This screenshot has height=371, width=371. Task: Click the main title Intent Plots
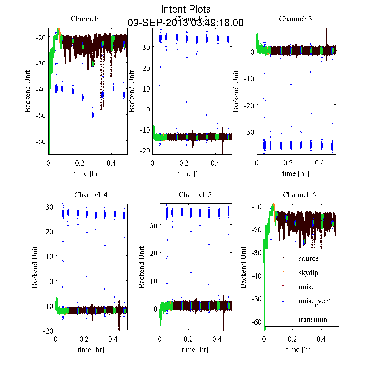(x=186, y=9)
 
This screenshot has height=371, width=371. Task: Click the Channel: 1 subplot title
(x=87, y=19)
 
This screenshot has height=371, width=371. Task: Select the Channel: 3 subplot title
(x=296, y=19)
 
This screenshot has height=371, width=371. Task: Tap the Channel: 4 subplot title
(x=91, y=195)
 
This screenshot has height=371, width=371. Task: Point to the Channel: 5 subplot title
(x=195, y=195)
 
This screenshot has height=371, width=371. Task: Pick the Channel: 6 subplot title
(x=299, y=195)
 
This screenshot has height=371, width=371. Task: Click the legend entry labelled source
(x=308, y=259)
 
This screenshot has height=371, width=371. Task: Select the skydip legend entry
(x=308, y=273)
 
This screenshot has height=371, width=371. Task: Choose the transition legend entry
(x=313, y=319)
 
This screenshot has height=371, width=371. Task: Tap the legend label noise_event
(x=315, y=301)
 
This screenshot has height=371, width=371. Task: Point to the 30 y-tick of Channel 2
(x=146, y=47)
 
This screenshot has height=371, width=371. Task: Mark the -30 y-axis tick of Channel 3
(x=249, y=132)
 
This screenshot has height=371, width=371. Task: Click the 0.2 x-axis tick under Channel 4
(x=84, y=339)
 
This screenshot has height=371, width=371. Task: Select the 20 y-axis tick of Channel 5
(x=153, y=253)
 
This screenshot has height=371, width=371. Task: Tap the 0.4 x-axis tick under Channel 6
(x=321, y=339)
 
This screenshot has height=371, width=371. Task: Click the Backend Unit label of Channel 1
(x=28, y=91)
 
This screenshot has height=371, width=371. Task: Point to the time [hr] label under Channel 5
(x=195, y=350)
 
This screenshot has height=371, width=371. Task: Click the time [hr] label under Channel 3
(x=296, y=174)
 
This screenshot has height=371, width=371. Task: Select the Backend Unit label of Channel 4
(x=35, y=267)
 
